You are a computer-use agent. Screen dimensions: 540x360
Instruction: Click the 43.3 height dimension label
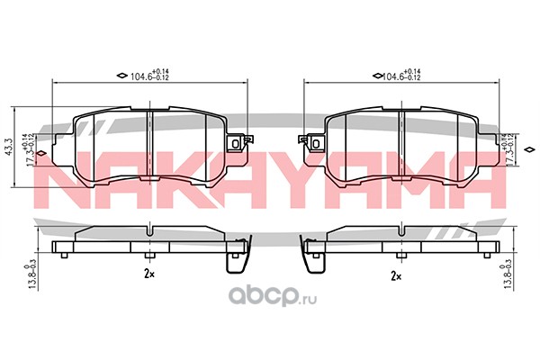coord(9,147)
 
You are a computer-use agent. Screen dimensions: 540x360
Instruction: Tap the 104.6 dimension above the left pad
coord(149,75)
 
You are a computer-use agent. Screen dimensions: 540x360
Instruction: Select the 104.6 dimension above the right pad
coord(401,75)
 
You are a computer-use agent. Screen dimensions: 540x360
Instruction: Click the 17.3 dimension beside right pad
coord(509,150)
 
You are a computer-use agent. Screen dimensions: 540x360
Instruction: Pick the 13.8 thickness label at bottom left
coord(31,276)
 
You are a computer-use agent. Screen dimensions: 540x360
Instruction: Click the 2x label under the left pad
coord(149,274)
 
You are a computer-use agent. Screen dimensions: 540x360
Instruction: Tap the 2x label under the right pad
coord(396,276)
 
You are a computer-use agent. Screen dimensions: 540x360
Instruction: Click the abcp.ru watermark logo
coord(273,295)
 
